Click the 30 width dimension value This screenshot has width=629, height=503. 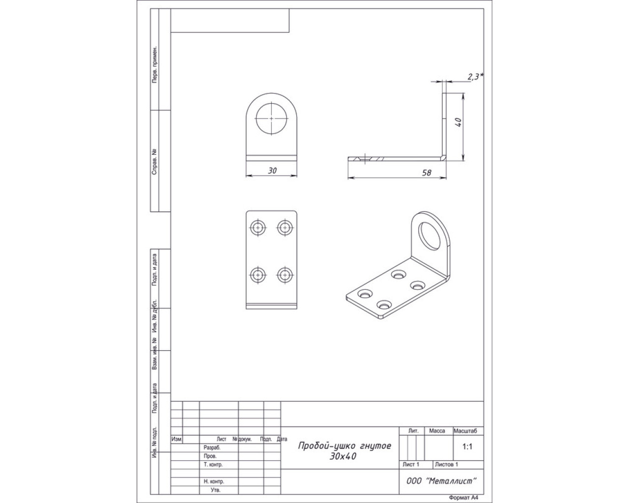[x=272, y=170]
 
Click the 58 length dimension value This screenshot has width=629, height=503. [x=427, y=173]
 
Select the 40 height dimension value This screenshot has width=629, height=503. [x=458, y=122]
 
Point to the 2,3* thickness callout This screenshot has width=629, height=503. [x=476, y=77]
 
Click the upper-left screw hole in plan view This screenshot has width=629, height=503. [x=258, y=227]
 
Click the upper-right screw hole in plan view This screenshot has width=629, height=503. [x=285, y=227]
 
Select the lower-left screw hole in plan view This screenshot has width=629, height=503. [x=258, y=275]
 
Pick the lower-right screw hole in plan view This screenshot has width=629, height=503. [x=285, y=275]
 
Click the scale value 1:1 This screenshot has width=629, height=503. [x=467, y=447]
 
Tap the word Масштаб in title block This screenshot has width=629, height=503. [x=465, y=431]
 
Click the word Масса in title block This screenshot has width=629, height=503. [x=437, y=431]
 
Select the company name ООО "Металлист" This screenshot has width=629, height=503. [x=441, y=481]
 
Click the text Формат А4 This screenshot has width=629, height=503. [x=464, y=498]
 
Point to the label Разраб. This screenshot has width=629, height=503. [x=212, y=448]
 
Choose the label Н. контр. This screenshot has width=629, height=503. [x=214, y=481]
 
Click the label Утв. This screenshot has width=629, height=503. [x=215, y=490]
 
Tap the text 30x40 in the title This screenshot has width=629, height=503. [x=343, y=456]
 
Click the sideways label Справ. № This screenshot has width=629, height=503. [x=154, y=162]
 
